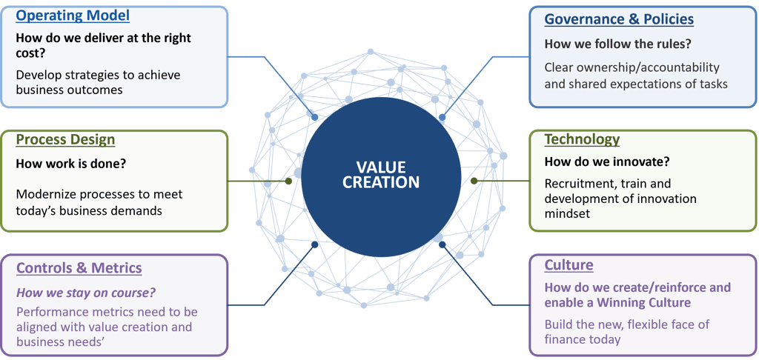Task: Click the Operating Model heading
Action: [x=73, y=16]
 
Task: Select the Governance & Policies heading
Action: [x=619, y=19]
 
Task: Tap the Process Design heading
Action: [x=65, y=140]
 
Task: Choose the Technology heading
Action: [x=582, y=139]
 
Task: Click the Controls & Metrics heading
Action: [x=79, y=267]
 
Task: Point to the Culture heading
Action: [x=569, y=265]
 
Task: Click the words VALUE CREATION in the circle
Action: [x=380, y=175]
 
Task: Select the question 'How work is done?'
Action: [x=71, y=164]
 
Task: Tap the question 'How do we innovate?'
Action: [x=608, y=162]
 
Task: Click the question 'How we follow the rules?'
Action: [x=617, y=44]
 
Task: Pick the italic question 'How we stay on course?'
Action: [x=86, y=293]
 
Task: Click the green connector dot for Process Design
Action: [x=288, y=181]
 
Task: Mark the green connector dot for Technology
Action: [x=474, y=181]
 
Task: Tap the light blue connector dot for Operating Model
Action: [x=314, y=118]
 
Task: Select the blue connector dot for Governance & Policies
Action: [x=442, y=118]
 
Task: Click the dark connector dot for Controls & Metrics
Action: [x=314, y=245]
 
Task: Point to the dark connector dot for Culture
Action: [x=442, y=245]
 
